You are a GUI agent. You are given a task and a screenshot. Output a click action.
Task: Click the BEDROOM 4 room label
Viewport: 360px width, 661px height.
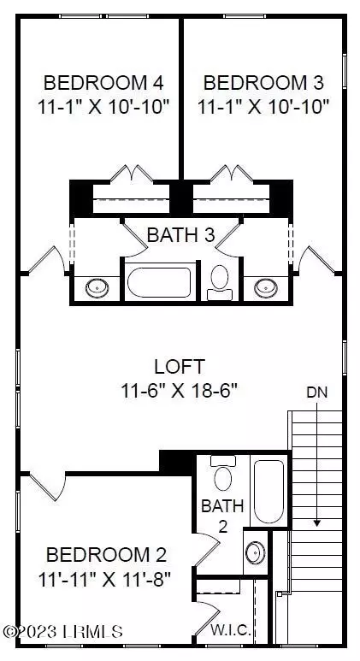pos(103,82)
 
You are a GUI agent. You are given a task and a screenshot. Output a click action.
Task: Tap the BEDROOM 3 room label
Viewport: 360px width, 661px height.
pos(263,82)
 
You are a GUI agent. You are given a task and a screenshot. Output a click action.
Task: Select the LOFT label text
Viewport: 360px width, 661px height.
pos(180,367)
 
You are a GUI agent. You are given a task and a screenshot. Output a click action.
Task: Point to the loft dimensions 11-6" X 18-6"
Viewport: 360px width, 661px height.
pos(180,391)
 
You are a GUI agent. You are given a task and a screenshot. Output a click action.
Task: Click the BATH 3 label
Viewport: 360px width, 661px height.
pos(180,235)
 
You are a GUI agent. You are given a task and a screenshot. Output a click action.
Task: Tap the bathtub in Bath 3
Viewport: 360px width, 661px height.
pos(160,282)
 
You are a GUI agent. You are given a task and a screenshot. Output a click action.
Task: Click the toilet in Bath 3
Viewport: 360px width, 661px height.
pos(220,282)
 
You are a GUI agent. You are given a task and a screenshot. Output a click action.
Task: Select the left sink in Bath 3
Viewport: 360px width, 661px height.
pos(97,288)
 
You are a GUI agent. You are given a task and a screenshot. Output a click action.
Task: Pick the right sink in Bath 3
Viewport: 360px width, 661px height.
pos(266,288)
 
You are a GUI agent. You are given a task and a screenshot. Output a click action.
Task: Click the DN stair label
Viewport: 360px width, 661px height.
pos(316,392)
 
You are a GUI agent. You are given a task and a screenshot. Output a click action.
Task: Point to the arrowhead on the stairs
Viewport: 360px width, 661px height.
pos(317,523)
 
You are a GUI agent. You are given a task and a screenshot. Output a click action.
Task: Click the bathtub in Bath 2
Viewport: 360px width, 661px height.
pos(269,491)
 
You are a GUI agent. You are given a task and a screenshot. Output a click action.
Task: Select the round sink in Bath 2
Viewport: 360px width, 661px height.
pos(256,552)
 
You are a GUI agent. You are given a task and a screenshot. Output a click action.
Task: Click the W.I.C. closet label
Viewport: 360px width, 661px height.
pos(231,631)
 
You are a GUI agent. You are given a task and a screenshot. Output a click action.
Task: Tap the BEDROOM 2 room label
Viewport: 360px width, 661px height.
pos(106,554)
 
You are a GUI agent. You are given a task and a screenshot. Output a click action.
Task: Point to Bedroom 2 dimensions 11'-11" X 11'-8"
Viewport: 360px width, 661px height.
pos(104,579)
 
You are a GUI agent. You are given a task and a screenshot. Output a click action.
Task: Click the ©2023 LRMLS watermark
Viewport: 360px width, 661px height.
pos(63,631)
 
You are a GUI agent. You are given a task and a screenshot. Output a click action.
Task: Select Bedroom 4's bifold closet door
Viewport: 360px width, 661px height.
pos(132,174)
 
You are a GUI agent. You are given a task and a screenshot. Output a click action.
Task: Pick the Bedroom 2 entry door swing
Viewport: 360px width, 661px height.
pos(48,487)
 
